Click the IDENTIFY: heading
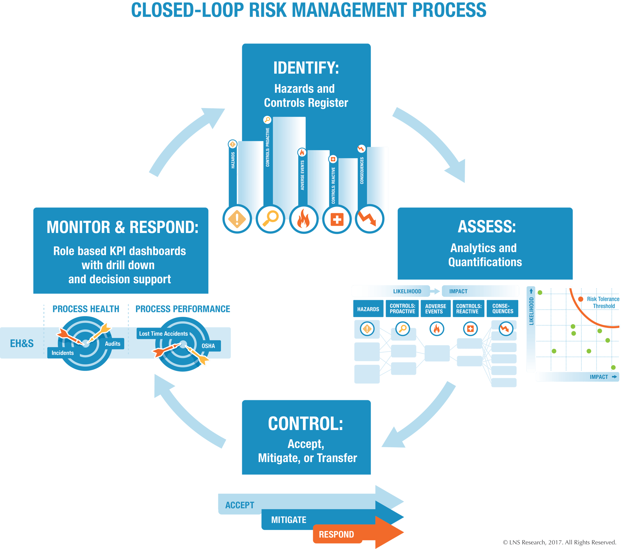(306, 68)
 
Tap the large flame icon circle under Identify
(304, 219)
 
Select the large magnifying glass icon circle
(270, 219)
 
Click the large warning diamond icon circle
(237, 219)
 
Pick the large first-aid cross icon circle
(337, 219)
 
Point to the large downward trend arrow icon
(369, 219)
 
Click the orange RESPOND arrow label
(336, 535)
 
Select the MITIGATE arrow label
(288, 520)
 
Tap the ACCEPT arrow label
(239, 505)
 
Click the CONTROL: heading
(306, 424)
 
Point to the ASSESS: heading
(486, 227)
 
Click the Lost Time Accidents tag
(164, 334)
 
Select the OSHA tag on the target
(208, 346)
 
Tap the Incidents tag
(62, 353)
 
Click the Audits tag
(112, 344)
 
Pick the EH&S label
(22, 343)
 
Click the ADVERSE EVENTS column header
(435, 308)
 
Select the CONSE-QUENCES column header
(503, 308)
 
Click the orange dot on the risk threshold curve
(581, 299)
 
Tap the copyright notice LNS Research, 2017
(559, 542)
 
